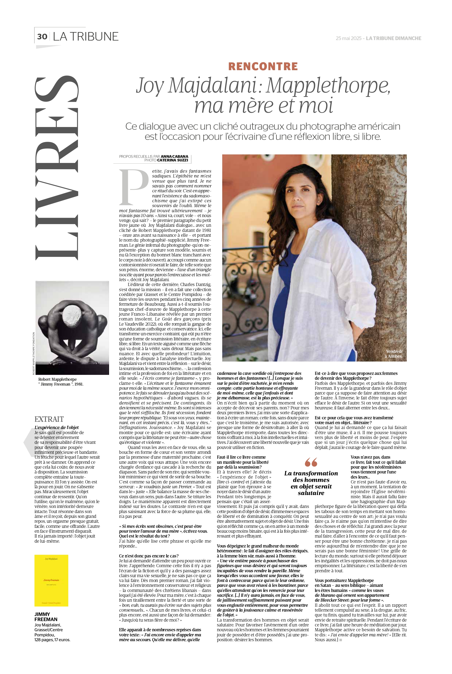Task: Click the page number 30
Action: (42, 37)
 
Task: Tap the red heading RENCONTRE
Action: (263, 66)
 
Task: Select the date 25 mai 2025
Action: (348, 38)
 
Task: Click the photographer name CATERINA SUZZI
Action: (172, 160)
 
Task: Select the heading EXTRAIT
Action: (49, 419)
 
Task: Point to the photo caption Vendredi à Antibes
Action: (393, 354)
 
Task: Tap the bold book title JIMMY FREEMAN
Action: (46, 617)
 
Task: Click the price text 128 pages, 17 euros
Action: (52, 640)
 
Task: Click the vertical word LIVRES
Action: (57, 167)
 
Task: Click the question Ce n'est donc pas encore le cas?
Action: (149, 556)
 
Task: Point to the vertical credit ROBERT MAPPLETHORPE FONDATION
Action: (34, 354)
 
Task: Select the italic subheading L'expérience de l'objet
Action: (57, 427)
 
